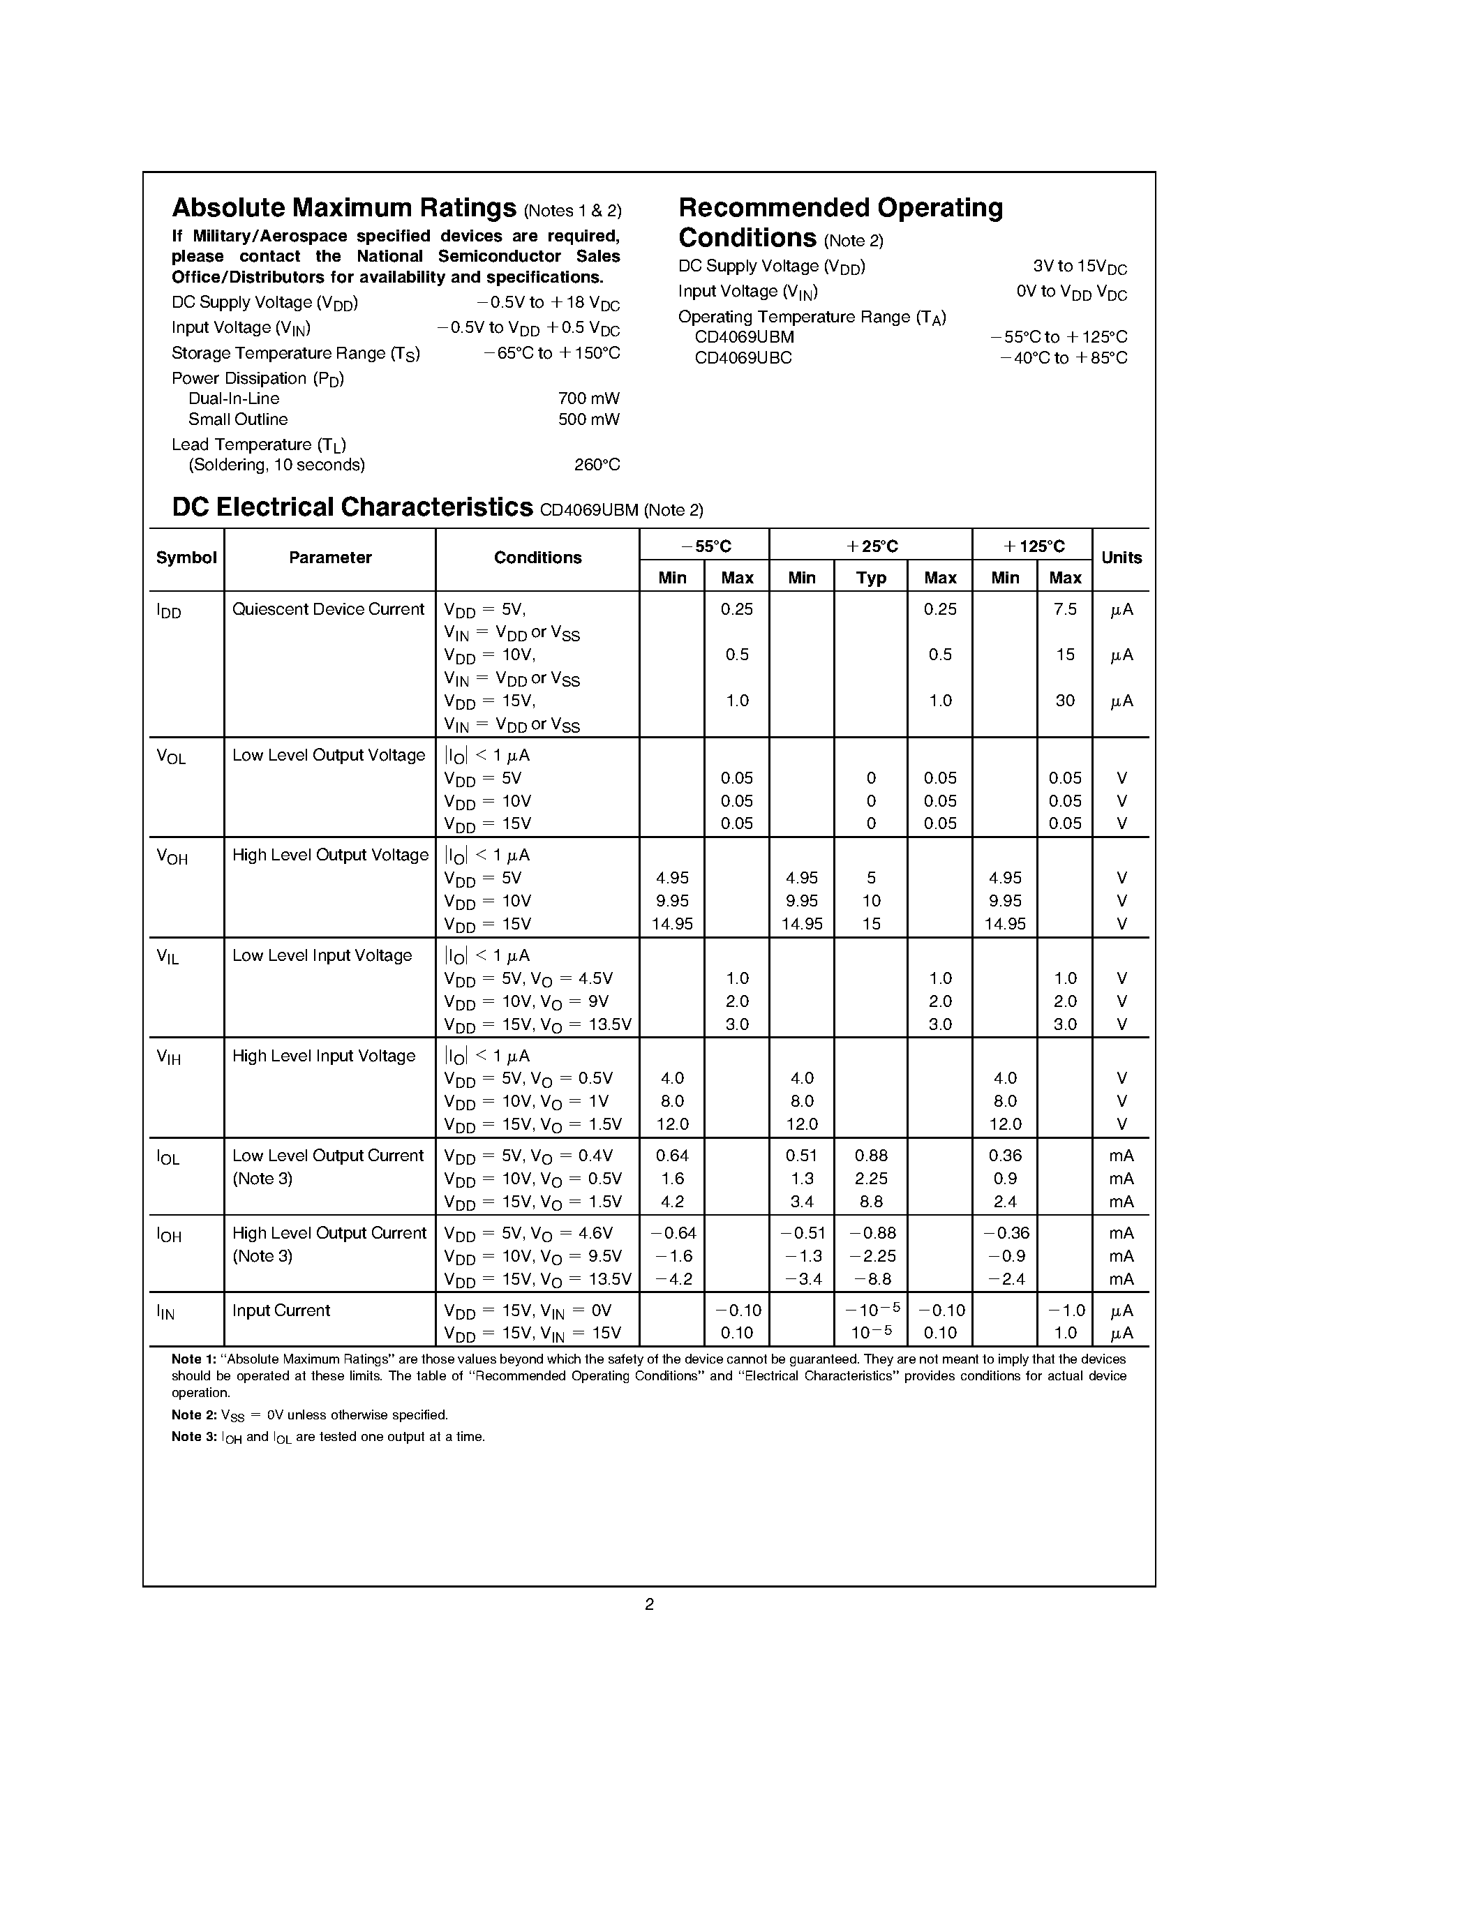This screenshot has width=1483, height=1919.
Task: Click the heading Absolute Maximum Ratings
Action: (x=343, y=208)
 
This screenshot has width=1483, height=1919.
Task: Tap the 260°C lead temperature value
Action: (x=597, y=465)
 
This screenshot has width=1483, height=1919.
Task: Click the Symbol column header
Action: (x=186, y=558)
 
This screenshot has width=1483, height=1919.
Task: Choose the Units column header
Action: (x=1121, y=558)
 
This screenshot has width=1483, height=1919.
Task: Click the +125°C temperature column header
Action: (x=1033, y=546)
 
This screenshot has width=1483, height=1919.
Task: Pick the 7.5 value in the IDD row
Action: (x=1065, y=609)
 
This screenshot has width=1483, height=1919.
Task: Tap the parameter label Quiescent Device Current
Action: (x=328, y=609)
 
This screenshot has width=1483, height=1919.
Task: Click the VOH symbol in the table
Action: (x=172, y=857)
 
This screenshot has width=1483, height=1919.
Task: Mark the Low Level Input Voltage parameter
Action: (x=322, y=956)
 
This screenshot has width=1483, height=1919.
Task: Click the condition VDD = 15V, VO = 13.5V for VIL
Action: (x=537, y=1024)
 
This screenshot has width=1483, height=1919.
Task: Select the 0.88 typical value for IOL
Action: (x=871, y=1156)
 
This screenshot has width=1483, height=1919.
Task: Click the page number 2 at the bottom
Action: (x=649, y=1604)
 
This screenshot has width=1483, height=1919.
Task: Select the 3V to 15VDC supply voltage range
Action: (x=1080, y=267)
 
